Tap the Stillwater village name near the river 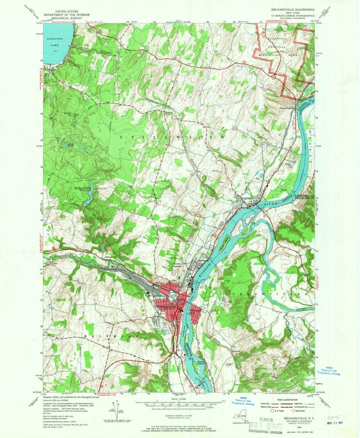(248, 198)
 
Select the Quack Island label (201, 362)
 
